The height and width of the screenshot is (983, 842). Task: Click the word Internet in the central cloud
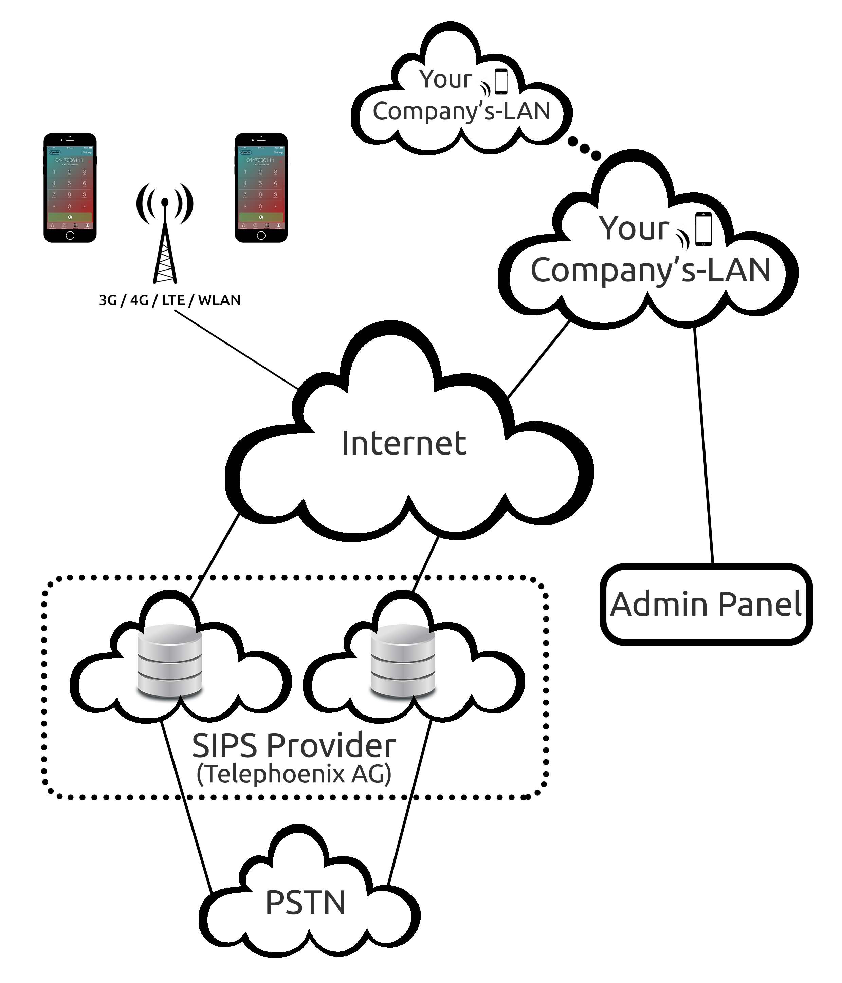(403, 444)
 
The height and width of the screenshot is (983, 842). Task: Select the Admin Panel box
(706, 605)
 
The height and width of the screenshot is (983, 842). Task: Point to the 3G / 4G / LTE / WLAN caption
(169, 300)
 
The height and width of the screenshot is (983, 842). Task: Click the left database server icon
(169, 661)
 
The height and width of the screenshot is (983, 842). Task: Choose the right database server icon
(402, 661)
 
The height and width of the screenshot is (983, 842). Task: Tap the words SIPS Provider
(293, 745)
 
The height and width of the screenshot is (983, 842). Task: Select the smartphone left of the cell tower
(70, 188)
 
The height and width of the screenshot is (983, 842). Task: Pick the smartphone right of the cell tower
(261, 188)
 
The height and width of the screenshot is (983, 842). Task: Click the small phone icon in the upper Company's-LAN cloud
(501, 81)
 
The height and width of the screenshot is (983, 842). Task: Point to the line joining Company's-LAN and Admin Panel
(704, 446)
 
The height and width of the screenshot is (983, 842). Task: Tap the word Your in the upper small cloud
(445, 79)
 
